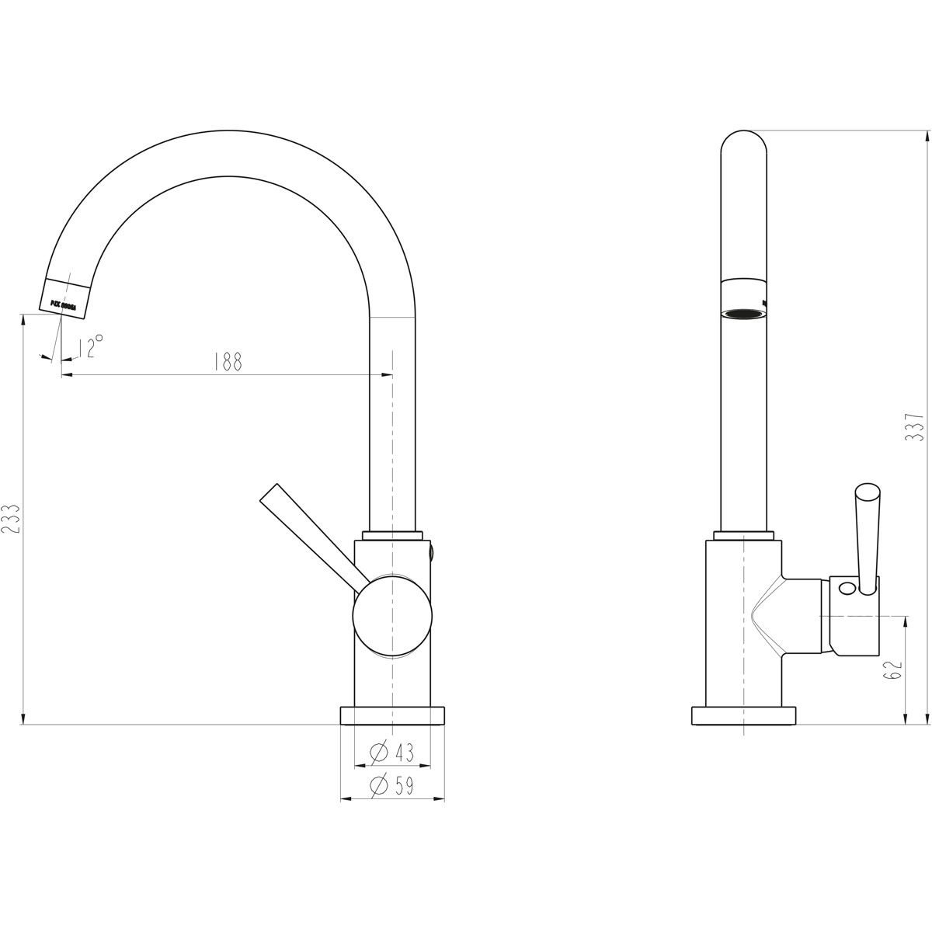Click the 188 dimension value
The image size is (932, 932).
[x=228, y=362]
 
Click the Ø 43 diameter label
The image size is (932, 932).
[x=392, y=752]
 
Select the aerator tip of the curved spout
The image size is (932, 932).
[x=68, y=298]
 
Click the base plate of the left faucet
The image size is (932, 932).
[x=392, y=715]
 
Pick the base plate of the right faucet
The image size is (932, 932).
[x=745, y=715]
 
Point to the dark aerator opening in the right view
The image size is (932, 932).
[x=744, y=314]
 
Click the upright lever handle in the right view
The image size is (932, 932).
[x=866, y=536]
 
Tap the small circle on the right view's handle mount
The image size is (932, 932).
[x=847, y=588]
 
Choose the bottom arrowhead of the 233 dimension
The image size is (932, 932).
[x=24, y=718]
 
